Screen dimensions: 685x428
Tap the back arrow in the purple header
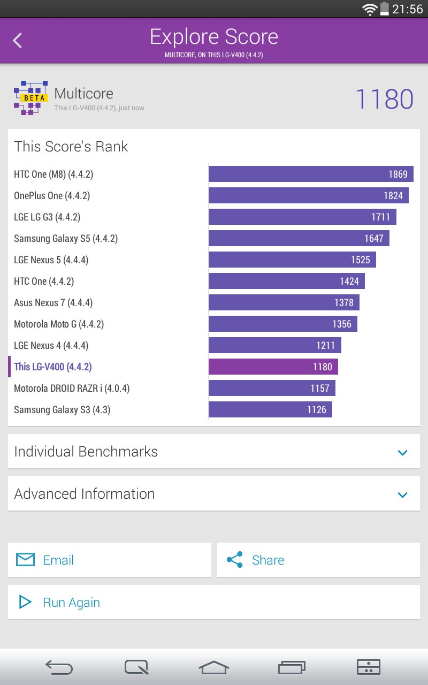pyautogui.click(x=18, y=40)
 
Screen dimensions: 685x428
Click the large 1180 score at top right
pyautogui.click(x=384, y=100)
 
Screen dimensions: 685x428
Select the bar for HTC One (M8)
pyautogui.click(x=311, y=174)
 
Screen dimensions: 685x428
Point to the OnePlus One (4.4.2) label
pyautogui.click(x=52, y=196)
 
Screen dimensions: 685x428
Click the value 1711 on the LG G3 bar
pyautogui.click(x=380, y=217)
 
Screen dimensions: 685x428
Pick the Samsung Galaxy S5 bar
pyautogui.click(x=299, y=238)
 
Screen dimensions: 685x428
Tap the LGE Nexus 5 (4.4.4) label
pyautogui.click(x=51, y=260)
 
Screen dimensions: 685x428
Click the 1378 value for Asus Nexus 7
pyautogui.click(x=343, y=302)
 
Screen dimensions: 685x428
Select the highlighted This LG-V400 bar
pyautogui.click(x=273, y=367)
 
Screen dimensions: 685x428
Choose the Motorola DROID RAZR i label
pyautogui.click(x=72, y=389)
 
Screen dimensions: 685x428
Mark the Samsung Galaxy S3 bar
pyautogui.click(x=270, y=409)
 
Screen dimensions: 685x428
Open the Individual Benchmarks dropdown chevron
pyautogui.click(x=403, y=452)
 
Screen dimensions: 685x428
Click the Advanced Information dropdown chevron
pyautogui.click(x=403, y=494)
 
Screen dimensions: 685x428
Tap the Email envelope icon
pyautogui.click(x=25, y=560)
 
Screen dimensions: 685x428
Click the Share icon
pyautogui.click(x=234, y=560)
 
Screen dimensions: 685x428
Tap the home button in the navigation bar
pyautogui.click(x=214, y=667)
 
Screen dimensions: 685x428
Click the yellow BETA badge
pyautogui.click(x=34, y=98)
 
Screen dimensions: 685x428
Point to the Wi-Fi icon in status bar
pyautogui.click(x=369, y=9)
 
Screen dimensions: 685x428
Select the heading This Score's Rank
pyautogui.click(x=71, y=147)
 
